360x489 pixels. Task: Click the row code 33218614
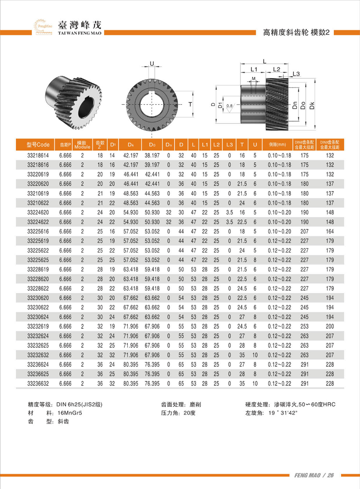point(38,155)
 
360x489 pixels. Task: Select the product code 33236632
point(38,383)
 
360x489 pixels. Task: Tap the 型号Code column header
point(38,145)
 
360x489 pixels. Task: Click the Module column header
point(82,145)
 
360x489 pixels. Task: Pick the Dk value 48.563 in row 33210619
point(131,194)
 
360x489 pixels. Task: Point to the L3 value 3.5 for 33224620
point(229,213)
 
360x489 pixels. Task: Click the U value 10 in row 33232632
point(255,355)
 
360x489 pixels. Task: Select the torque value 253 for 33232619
point(305,326)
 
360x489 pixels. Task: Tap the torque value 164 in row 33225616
point(330,231)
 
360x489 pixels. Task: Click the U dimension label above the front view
point(152,64)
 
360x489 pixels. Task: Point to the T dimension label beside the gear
point(190,105)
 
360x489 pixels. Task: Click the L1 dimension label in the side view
point(254,69)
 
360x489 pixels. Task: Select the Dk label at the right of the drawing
point(312,106)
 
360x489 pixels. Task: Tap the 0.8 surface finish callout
point(229,106)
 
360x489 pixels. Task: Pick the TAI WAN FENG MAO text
point(80,33)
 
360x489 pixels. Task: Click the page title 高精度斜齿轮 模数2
point(296,32)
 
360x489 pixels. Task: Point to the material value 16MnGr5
point(70,413)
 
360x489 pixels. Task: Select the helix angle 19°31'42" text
point(283,413)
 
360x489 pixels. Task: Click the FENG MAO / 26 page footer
point(314,475)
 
